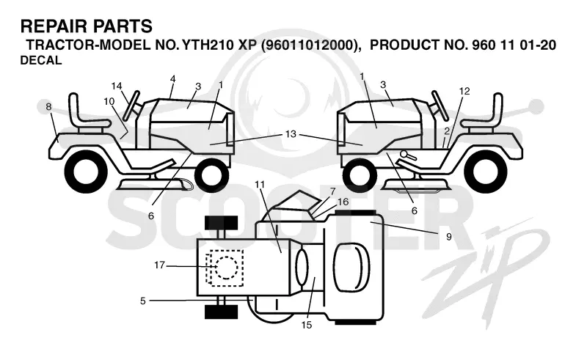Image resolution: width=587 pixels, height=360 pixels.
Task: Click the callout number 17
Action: pos(159,265)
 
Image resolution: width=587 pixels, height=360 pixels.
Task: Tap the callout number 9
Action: pos(448,237)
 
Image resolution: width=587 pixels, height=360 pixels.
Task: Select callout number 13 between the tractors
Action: pos(291,134)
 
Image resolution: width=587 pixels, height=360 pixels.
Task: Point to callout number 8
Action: pos(48,106)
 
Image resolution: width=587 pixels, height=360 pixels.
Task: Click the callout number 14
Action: pos(117,86)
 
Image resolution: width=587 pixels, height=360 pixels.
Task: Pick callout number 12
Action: pos(464,91)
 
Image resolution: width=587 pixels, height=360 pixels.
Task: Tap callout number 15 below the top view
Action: pos(306,326)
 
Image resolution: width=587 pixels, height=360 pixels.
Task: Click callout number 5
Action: pos(142,301)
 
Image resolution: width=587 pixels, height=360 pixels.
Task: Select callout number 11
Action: pos(260,185)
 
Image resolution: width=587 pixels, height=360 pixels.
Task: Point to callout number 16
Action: pos(343,202)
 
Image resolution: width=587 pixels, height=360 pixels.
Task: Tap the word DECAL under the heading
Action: pos(41,60)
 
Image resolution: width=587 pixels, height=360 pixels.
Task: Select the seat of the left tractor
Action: pos(84,117)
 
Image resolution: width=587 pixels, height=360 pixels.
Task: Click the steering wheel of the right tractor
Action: pos(440,105)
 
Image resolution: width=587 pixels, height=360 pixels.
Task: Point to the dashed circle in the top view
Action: pos(224,267)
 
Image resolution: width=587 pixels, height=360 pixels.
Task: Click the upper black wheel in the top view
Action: pos(222,223)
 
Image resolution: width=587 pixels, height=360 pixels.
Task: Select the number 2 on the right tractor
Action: pos(447,131)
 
